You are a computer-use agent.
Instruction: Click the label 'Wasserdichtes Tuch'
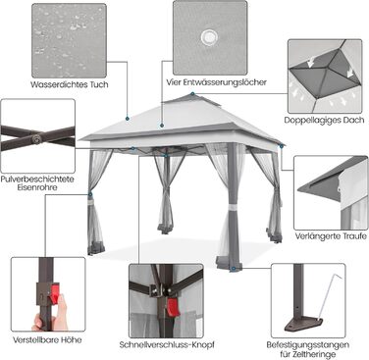[x=70, y=84]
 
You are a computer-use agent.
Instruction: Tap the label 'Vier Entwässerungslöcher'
[x=216, y=82]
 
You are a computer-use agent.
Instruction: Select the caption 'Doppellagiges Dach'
[x=324, y=120]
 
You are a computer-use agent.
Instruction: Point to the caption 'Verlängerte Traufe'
[x=331, y=235]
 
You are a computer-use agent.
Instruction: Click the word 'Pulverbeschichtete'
[x=37, y=180]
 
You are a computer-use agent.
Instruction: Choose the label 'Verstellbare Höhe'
[x=47, y=340]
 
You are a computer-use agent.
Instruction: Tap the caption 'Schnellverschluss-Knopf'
[x=167, y=344]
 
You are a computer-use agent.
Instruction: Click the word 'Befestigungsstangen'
[x=308, y=344]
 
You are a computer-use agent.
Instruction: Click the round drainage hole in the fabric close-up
[x=209, y=36]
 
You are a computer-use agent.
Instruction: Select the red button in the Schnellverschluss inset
[x=174, y=308]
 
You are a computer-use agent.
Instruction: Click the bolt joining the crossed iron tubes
[x=38, y=139]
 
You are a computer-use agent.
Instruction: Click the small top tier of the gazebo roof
[x=192, y=99]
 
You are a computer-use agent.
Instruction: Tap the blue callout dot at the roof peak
[x=192, y=94]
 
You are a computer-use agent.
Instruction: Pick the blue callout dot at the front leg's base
[x=233, y=269]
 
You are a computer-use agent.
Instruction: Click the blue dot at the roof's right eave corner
[x=282, y=146]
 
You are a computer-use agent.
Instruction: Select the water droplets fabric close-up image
[x=69, y=41]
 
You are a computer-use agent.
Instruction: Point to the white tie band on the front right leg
[x=233, y=208]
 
